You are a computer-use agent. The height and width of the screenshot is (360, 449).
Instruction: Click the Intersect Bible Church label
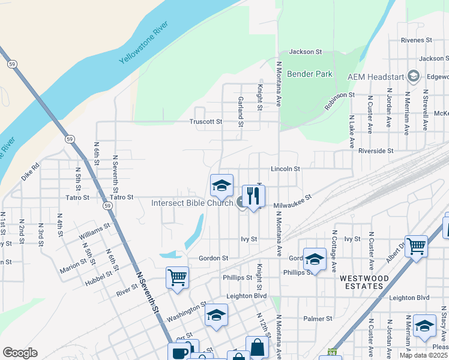pos(192,203)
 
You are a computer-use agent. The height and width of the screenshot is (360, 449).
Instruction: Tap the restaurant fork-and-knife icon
pos(253,196)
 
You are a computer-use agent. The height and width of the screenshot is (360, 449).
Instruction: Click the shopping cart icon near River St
pos(177,277)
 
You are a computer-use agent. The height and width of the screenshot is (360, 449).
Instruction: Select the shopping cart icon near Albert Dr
pos(416,245)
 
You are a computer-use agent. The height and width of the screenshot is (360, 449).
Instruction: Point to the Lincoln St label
pos(285,169)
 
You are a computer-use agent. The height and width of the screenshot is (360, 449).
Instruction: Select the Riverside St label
pos(375,151)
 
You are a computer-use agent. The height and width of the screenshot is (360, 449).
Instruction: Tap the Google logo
pos(20,353)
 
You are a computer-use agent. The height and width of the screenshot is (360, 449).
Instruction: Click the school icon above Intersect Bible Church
pos(221,185)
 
